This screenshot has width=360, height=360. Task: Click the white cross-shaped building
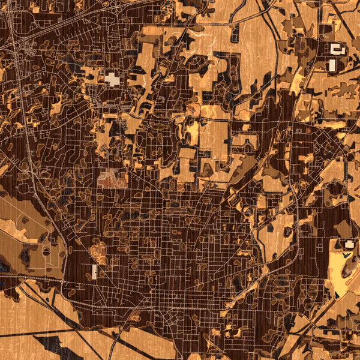[112, 79]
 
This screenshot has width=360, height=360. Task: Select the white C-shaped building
[337, 50]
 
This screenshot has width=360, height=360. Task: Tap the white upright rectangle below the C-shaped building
[332, 64]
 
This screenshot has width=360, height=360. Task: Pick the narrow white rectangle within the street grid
[94, 272]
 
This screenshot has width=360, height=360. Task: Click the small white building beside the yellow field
[349, 244]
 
